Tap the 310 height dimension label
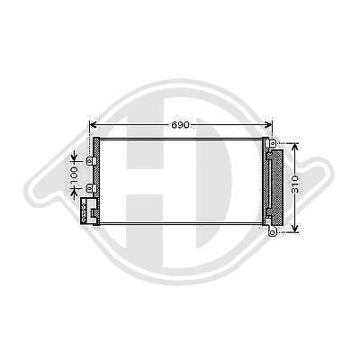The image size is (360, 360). pos(296,185)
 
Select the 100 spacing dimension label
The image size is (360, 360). pos(76,171)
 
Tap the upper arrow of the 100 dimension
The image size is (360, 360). pos(76,153)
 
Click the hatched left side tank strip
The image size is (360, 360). pos(96,175)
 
